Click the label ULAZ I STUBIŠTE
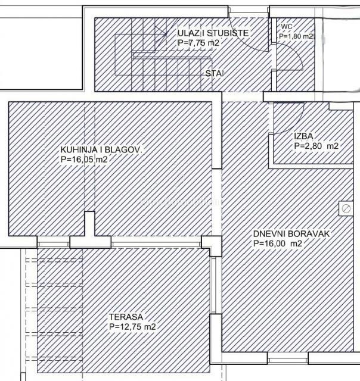coord(213,33)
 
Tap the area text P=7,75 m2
coord(198,43)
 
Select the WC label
coord(286,27)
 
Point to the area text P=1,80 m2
coord(296,36)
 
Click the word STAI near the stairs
coord(215,74)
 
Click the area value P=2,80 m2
coord(316,146)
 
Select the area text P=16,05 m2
coord(83,160)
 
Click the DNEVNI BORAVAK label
coord(291,234)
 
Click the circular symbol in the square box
coord(345,208)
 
